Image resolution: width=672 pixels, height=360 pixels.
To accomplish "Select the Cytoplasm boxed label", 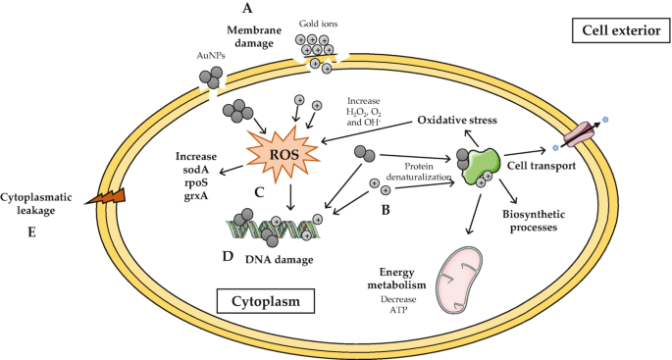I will pyautogui.click(x=259, y=298).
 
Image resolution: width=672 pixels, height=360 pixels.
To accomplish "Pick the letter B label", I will pyautogui.click(x=385, y=207).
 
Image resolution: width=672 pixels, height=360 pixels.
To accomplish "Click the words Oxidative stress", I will pyautogui.click(x=456, y=120).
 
